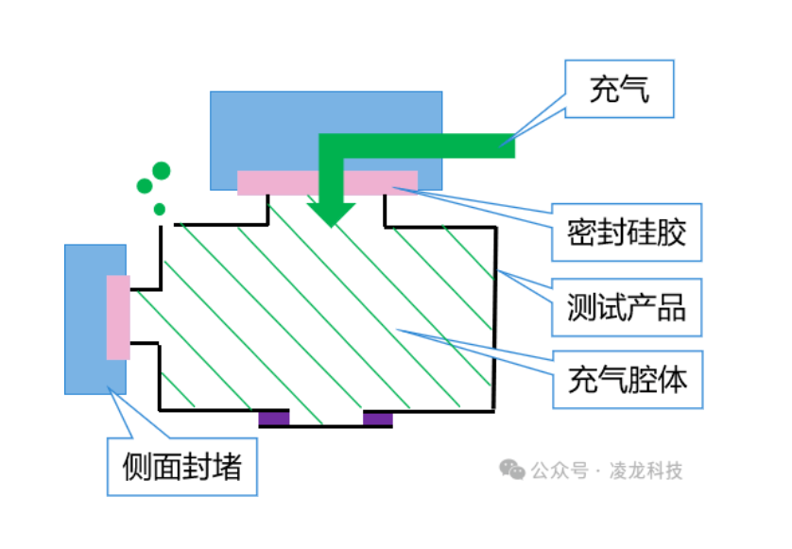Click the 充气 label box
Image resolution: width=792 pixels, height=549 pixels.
[620, 90]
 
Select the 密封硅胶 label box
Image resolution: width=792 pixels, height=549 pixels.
[628, 232]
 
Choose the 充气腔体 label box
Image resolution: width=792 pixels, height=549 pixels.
[628, 380]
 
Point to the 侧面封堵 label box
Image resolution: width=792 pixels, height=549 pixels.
[182, 467]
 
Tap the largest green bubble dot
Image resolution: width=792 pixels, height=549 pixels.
[162, 171]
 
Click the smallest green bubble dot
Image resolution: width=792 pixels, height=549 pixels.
[160, 209]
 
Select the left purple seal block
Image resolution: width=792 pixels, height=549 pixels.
[274, 418]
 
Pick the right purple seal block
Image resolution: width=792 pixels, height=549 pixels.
[378, 418]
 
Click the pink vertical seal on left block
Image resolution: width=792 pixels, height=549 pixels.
[118, 317]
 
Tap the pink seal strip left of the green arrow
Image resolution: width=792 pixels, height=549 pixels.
[277, 182]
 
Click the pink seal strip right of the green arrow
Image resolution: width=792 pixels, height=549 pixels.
[380, 182]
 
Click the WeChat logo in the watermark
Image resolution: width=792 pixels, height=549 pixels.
[512, 470]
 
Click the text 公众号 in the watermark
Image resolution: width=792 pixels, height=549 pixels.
[560, 471]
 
